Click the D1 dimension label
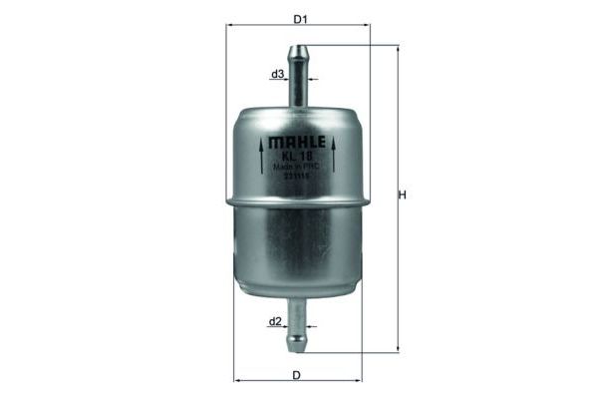(298, 19)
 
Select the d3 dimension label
(278, 75)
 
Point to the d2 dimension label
(276, 322)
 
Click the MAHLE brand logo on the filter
(298, 140)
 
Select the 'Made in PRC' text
(297, 166)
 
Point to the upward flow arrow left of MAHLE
(262, 156)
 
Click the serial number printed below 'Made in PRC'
(297, 177)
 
